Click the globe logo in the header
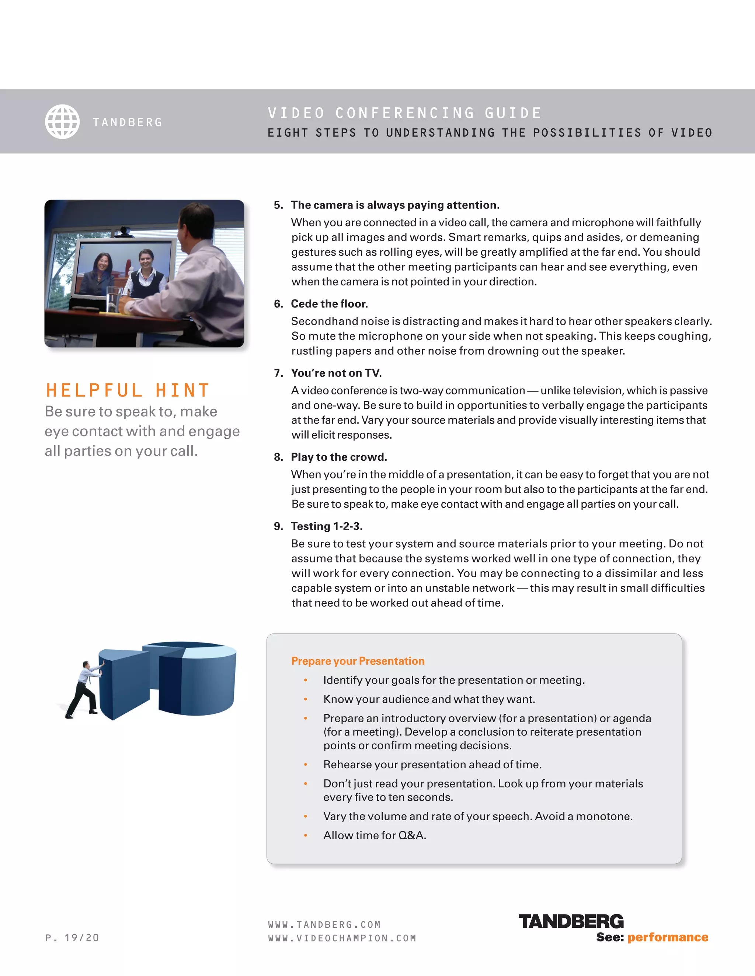tap(62, 122)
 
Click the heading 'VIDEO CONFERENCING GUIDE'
tap(404, 113)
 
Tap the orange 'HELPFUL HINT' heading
tap(128, 390)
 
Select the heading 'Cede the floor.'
tap(329, 304)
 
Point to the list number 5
tap(278, 205)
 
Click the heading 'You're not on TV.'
tap(336, 373)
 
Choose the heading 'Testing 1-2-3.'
tap(327, 526)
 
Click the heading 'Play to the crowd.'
tap(338, 457)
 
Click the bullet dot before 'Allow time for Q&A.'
tap(306, 835)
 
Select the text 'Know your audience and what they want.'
tap(429, 699)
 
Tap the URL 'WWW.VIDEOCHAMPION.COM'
tap(342, 938)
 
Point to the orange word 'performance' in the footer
tap(667, 937)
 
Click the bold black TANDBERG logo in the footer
tap(571, 921)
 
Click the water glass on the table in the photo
tap(114, 299)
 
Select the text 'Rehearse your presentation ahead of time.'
tap(432, 765)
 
